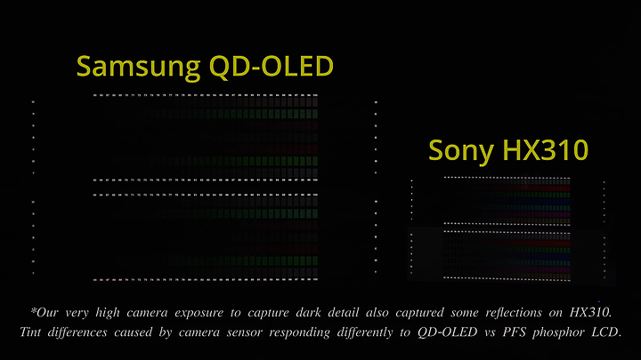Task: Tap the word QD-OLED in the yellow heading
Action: pos(272,67)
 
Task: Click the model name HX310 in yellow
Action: pos(546,150)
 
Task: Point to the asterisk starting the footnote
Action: pos(34,310)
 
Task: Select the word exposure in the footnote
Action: pos(199,314)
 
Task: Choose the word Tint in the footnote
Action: pos(30,332)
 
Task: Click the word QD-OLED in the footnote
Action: pos(447,332)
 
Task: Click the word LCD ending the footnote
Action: pos(606,332)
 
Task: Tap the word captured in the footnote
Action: pos(419,314)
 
